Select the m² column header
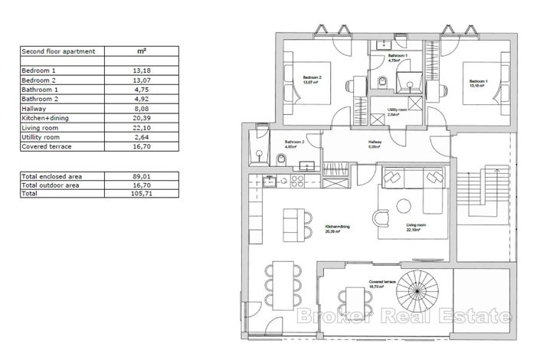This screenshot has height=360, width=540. point(141,51)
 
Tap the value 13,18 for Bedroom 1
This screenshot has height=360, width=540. point(141,70)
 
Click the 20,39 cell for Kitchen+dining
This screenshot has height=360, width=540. point(141,119)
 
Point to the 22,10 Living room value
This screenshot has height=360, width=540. point(141,129)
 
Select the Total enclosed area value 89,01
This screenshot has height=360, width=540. point(141,176)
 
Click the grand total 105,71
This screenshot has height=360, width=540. point(141,195)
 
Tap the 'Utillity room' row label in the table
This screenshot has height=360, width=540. point(41,138)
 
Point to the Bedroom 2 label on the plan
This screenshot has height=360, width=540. point(311,80)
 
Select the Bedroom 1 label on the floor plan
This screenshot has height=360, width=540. point(477,82)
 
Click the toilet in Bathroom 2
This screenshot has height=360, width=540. point(282,159)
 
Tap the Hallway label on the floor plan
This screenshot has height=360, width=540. point(375,142)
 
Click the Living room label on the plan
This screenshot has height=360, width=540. point(415,227)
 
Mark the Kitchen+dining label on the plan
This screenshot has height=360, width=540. point(339,229)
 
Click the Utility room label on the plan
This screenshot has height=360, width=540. point(396,112)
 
